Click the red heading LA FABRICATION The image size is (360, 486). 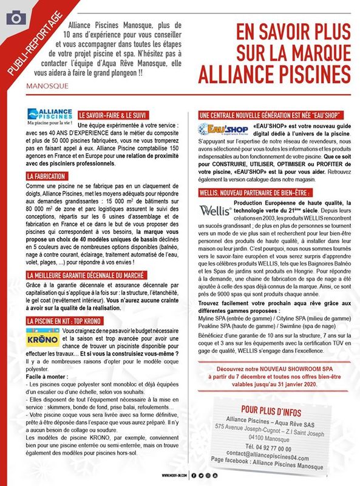tap(48, 176)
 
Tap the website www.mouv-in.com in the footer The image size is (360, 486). tap(174, 476)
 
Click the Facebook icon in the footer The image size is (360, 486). tap(194, 476)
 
